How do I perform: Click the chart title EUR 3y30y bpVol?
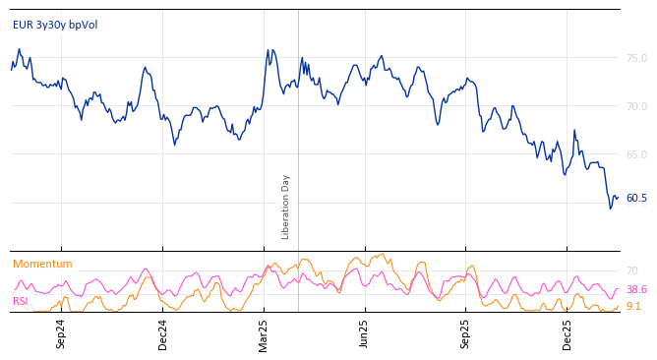point(55,25)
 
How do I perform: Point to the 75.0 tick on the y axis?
point(636,58)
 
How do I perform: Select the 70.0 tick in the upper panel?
point(636,106)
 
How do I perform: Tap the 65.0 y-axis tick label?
point(636,154)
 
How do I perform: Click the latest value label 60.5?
point(636,198)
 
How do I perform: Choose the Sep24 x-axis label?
point(61,334)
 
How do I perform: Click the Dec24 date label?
point(163,334)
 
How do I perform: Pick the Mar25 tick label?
point(264,334)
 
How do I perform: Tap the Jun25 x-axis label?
point(365,334)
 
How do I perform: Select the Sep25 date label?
point(466,334)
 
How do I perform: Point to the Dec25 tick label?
point(567,334)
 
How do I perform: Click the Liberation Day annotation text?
point(286,207)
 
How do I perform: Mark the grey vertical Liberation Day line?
point(298,118)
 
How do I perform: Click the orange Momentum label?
point(42,264)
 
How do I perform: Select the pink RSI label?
point(21,301)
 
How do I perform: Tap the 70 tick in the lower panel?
point(631,270)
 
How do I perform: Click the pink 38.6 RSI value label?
point(636,290)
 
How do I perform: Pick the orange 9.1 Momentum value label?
point(633,306)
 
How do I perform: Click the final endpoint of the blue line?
point(618,198)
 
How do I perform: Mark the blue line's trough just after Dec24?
point(175,145)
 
